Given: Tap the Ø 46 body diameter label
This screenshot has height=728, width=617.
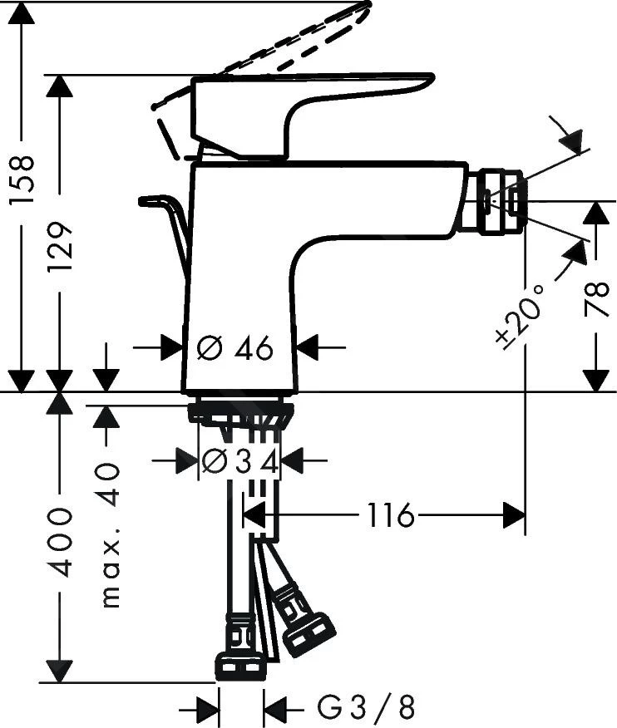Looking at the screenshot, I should click(235, 349).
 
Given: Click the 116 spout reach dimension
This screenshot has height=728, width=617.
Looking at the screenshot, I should click(390, 516).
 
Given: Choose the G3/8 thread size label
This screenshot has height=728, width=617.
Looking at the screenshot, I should click(365, 708).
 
